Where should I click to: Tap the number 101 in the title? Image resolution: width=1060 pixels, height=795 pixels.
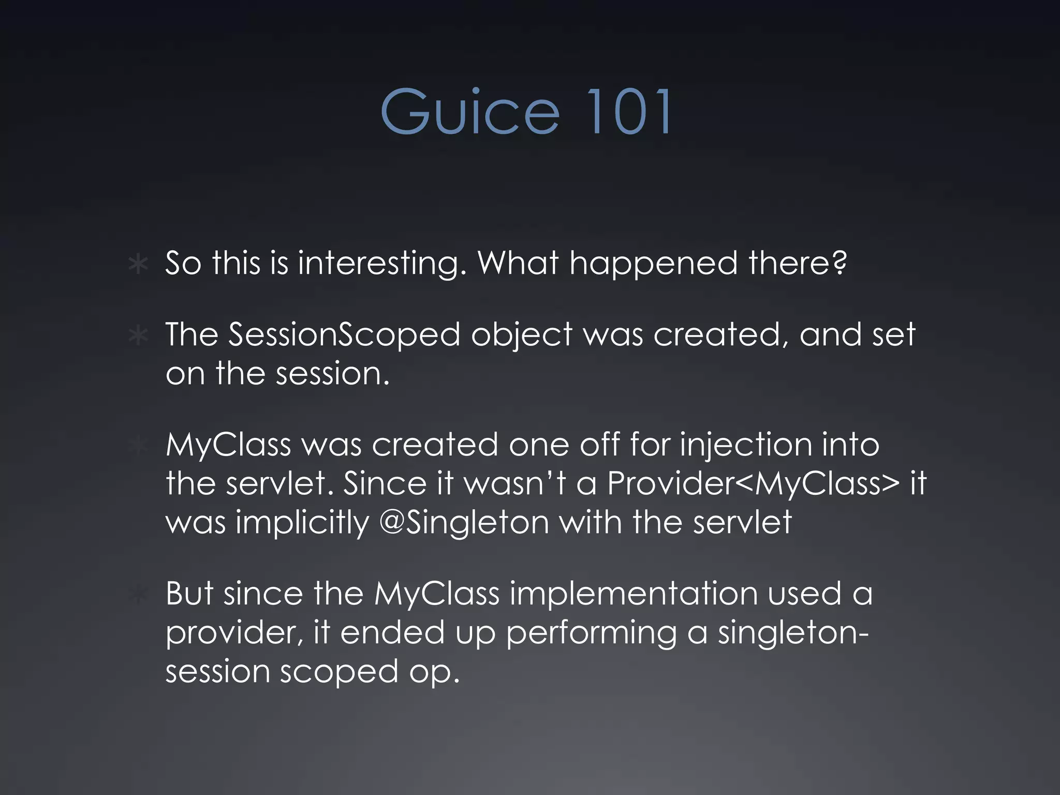point(629,112)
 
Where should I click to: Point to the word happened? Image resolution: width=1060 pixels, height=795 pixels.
point(653,263)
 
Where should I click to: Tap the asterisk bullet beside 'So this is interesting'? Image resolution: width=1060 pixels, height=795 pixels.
point(138,264)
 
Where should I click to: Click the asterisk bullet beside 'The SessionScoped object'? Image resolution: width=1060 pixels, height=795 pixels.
point(138,336)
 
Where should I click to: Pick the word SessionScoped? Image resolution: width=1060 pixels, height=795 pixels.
point(344,335)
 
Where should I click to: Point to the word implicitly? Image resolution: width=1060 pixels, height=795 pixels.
point(302,523)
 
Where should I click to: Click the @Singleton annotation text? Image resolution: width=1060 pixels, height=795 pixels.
point(464,523)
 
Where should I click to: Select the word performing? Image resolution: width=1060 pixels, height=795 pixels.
point(591,632)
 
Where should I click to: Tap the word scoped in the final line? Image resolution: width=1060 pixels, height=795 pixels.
point(339,671)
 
